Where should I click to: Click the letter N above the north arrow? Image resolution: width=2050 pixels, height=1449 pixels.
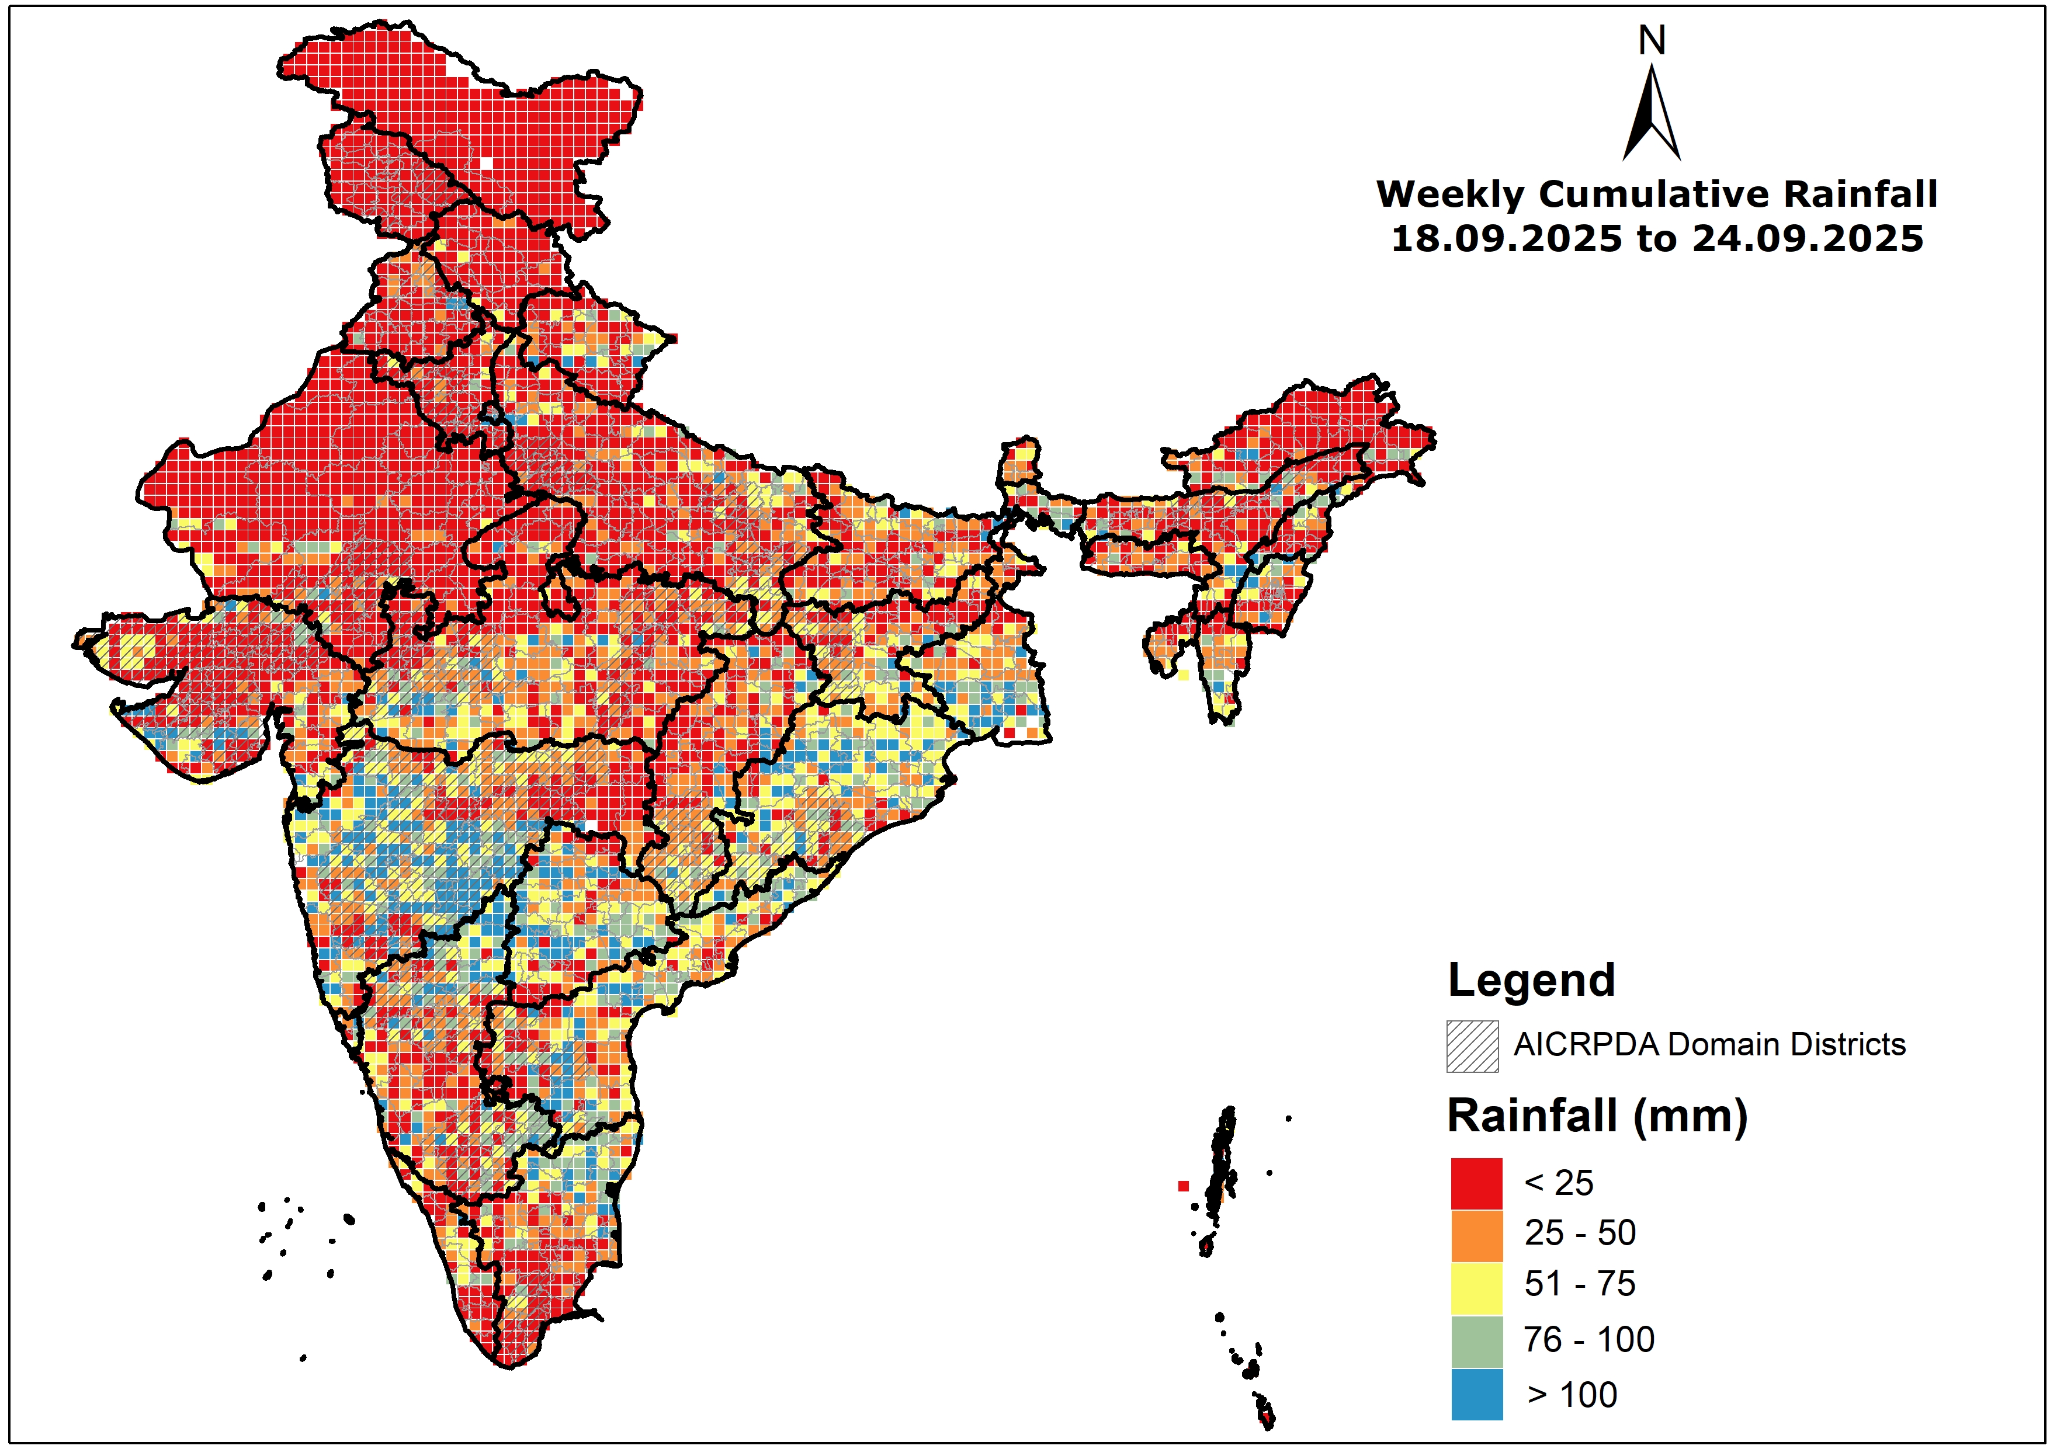tap(1652, 40)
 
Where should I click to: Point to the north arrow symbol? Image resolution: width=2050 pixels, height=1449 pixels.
tap(1652, 116)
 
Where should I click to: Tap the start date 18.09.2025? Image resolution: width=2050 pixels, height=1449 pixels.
tap(1506, 239)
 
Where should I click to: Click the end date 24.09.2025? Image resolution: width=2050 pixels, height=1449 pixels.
tap(1808, 239)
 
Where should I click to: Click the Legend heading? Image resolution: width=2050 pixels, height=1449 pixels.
tap(1531, 980)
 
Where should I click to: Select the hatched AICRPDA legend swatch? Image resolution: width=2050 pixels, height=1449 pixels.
tap(1472, 1045)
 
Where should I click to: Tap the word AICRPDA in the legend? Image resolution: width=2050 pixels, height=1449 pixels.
tap(1586, 1045)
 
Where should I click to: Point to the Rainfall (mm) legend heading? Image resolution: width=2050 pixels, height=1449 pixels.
tap(1597, 1116)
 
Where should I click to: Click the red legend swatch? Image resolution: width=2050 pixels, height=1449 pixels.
tap(1477, 1183)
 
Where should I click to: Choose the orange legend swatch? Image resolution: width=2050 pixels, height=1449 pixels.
tap(1477, 1235)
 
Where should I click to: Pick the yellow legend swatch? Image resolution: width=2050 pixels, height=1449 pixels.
tap(1477, 1287)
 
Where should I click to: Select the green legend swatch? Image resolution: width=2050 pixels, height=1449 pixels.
tap(1477, 1341)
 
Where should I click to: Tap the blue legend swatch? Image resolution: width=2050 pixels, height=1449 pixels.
tap(1477, 1394)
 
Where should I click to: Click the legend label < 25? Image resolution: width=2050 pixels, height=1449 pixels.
tap(1559, 1183)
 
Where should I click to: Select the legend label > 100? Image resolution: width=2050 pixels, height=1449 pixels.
tap(1572, 1395)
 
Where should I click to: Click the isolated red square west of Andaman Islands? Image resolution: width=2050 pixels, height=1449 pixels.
tap(1183, 1186)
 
